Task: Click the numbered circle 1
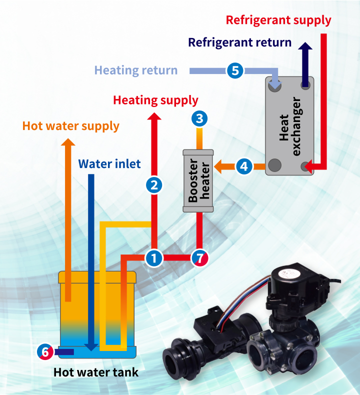[x=154, y=258]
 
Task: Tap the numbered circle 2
[x=154, y=185]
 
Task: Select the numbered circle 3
[x=199, y=118]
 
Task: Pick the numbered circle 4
[x=243, y=166]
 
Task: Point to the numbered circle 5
[x=235, y=70]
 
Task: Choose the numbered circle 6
[x=45, y=352]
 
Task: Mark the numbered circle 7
[x=199, y=258]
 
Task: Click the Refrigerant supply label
[x=278, y=20]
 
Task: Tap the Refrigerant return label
[x=239, y=42]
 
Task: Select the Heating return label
[x=136, y=70]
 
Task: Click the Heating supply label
[x=155, y=100]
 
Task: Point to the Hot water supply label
[x=71, y=125]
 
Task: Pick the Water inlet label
[x=109, y=163]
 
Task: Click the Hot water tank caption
[x=96, y=372]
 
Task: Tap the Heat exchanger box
[x=289, y=125]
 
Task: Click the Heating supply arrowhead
[x=154, y=116]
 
